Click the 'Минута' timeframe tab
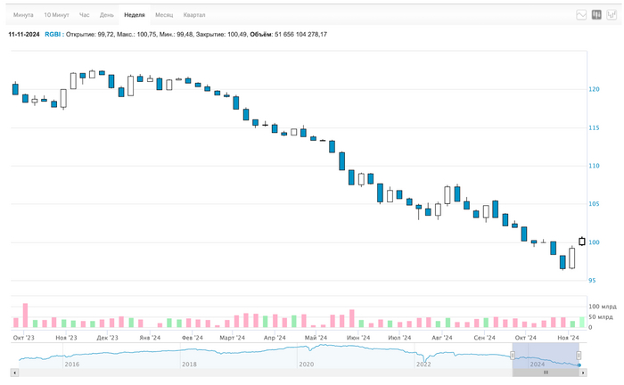coord(23,15)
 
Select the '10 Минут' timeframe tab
coord(56,15)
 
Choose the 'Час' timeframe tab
coord(85,15)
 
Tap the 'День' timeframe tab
coord(107,15)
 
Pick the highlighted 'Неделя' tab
coord(135,15)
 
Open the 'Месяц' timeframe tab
coord(164,15)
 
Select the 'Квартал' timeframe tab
coord(194,15)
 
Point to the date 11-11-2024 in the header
coord(24,34)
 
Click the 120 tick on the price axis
coord(594,89)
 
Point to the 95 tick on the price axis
coord(594,280)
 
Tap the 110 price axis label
coord(594,166)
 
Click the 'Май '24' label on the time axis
coord(316,338)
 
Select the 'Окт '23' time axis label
coord(24,338)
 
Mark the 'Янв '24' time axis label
coord(150,338)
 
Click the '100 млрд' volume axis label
coord(602,307)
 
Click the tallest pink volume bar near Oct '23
coord(25,315)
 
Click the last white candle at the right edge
coord(582,241)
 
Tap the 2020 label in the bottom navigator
coord(306,364)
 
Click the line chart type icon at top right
coord(581,15)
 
